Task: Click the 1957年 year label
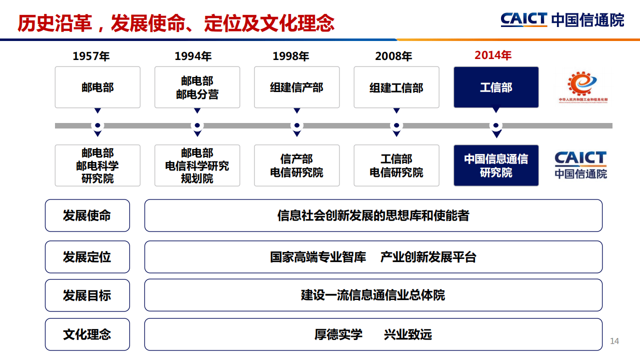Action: [x=91, y=56]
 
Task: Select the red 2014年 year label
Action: [x=493, y=55]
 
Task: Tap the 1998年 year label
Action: [x=290, y=56]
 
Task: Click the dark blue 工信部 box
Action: [x=496, y=87]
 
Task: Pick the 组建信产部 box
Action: [x=296, y=87]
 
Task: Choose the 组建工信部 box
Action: [x=396, y=87]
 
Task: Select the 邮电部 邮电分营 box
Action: [x=197, y=87]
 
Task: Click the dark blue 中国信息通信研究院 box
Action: [x=496, y=165]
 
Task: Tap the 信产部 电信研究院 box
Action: [x=296, y=165]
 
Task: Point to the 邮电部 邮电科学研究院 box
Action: [x=97, y=165]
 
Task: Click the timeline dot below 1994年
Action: [x=197, y=125]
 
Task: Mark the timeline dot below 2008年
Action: [x=396, y=125]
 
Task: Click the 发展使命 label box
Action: [x=87, y=215]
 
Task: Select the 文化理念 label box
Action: [x=87, y=334]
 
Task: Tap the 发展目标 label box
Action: [x=87, y=295]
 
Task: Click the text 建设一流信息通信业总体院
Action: [x=373, y=295]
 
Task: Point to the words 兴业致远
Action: [x=407, y=334]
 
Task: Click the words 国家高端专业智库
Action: [x=318, y=257]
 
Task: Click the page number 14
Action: [x=614, y=341]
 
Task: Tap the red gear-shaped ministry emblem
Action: [x=582, y=83]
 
